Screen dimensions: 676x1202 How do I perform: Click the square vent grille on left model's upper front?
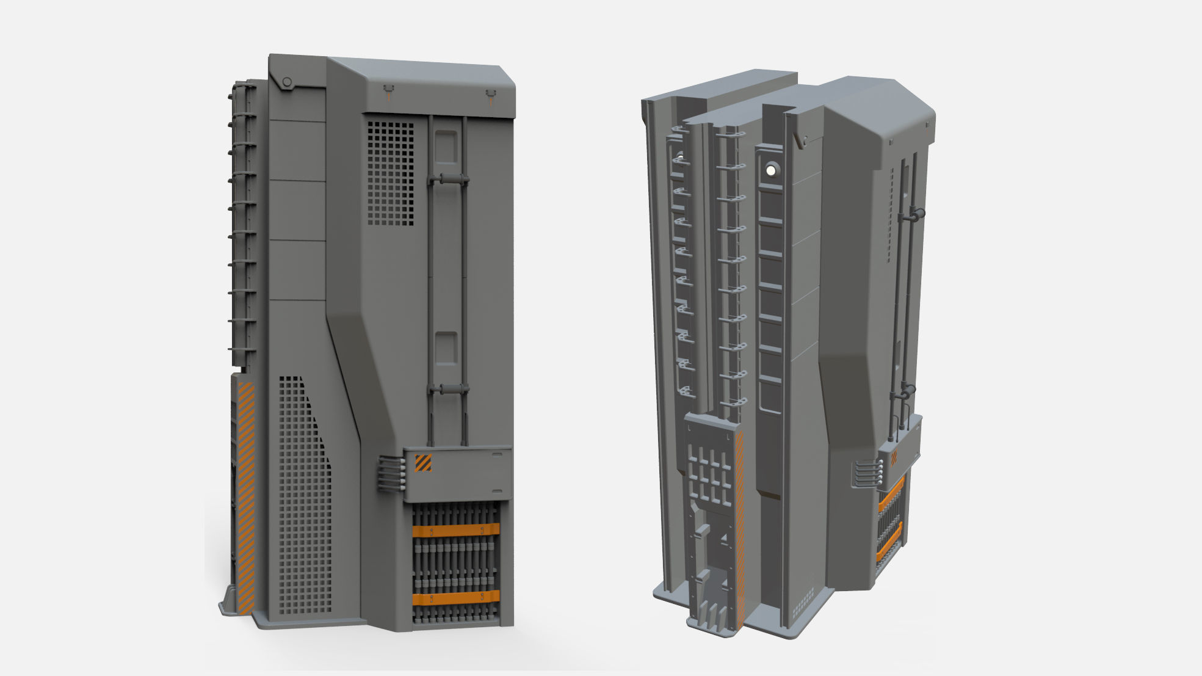coord(391,173)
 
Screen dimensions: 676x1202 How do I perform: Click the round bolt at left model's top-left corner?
coord(286,82)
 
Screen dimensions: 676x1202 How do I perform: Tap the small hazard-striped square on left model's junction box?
coord(423,463)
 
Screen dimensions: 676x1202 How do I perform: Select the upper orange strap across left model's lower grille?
coord(455,530)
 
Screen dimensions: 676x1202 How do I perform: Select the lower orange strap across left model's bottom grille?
coord(455,597)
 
